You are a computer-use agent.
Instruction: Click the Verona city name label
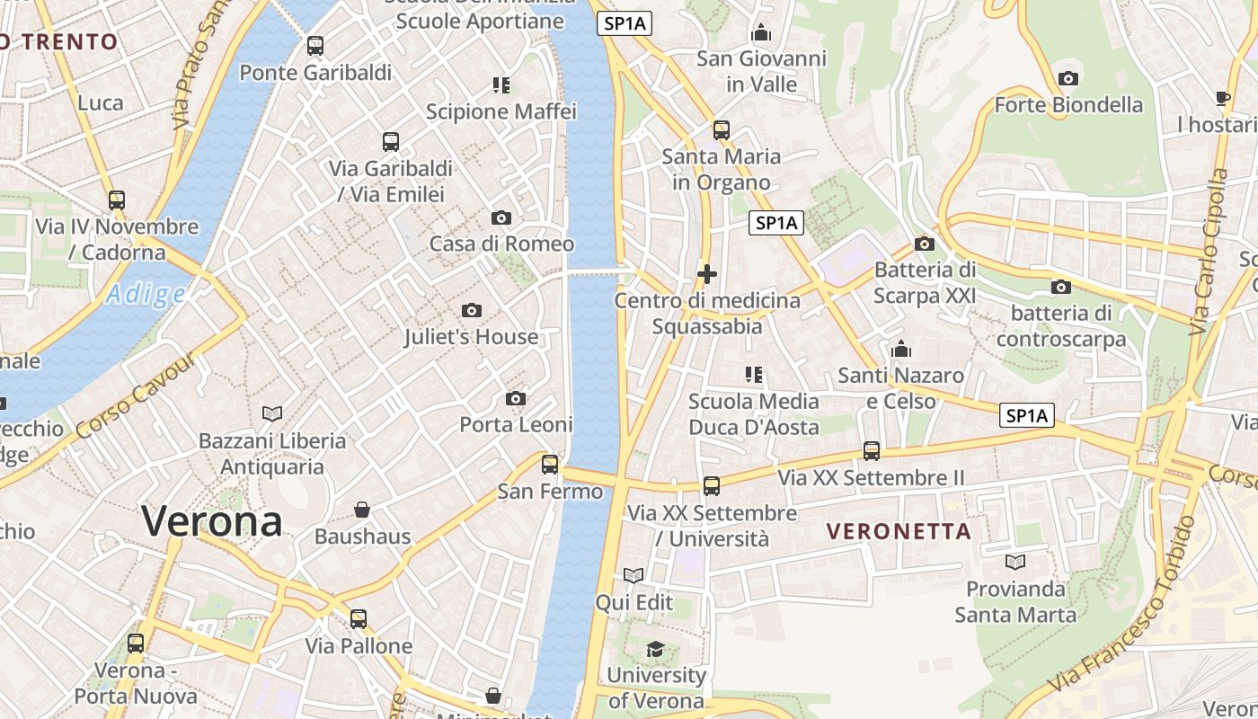pos(212,521)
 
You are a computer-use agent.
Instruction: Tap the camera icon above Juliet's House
pos(471,311)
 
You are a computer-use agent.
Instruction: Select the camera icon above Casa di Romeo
pos(501,217)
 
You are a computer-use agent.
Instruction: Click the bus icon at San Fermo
pos(550,465)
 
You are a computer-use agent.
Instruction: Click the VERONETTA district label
pos(899,531)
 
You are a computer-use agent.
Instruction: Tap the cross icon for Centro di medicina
pos(707,274)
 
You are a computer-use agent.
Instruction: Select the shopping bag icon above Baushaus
pos(362,510)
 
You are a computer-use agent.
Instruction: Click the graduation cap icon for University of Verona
pos(656,649)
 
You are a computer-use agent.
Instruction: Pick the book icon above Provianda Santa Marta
pos(1015,563)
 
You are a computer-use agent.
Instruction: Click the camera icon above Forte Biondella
pos(1068,79)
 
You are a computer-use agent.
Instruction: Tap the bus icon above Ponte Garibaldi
pos(315,46)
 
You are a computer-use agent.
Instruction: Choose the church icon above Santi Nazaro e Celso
pos(900,349)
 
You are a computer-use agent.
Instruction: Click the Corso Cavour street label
pos(137,397)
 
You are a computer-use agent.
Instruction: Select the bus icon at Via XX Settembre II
pos(871,451)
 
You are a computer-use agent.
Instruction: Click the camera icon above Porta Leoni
pos(516,398)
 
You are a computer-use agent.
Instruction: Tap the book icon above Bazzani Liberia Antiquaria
pos(272,413)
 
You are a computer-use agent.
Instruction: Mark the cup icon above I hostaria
pos(1222,98)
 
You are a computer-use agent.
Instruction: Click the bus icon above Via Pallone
pos(359,619)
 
